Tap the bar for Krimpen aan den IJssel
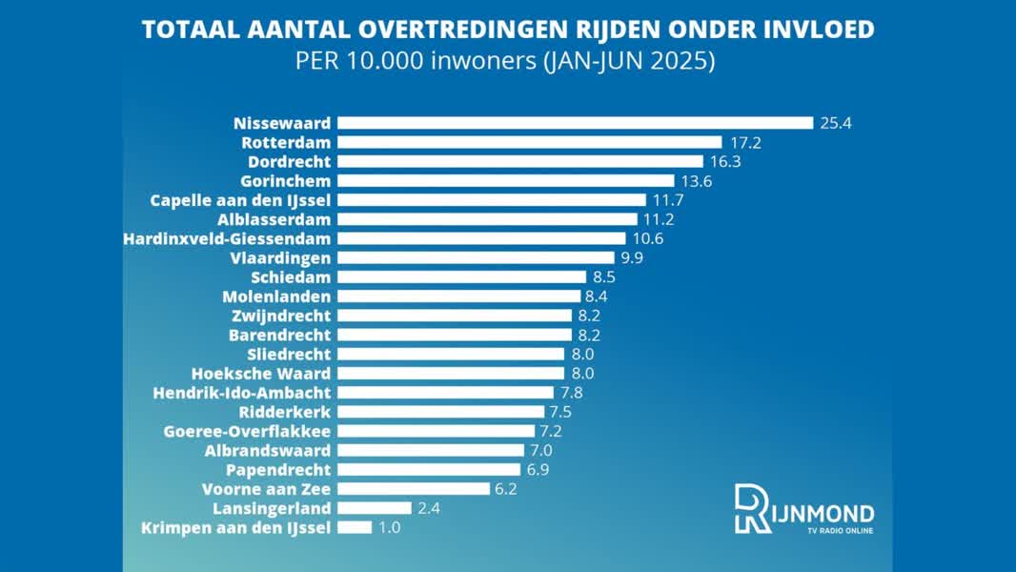355,527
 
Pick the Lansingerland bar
375,508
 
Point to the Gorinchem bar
505,180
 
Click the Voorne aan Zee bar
414,489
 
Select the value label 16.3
724,161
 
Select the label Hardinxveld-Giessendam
227,238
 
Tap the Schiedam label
291,277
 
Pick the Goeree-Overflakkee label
247,431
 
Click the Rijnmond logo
803,510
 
